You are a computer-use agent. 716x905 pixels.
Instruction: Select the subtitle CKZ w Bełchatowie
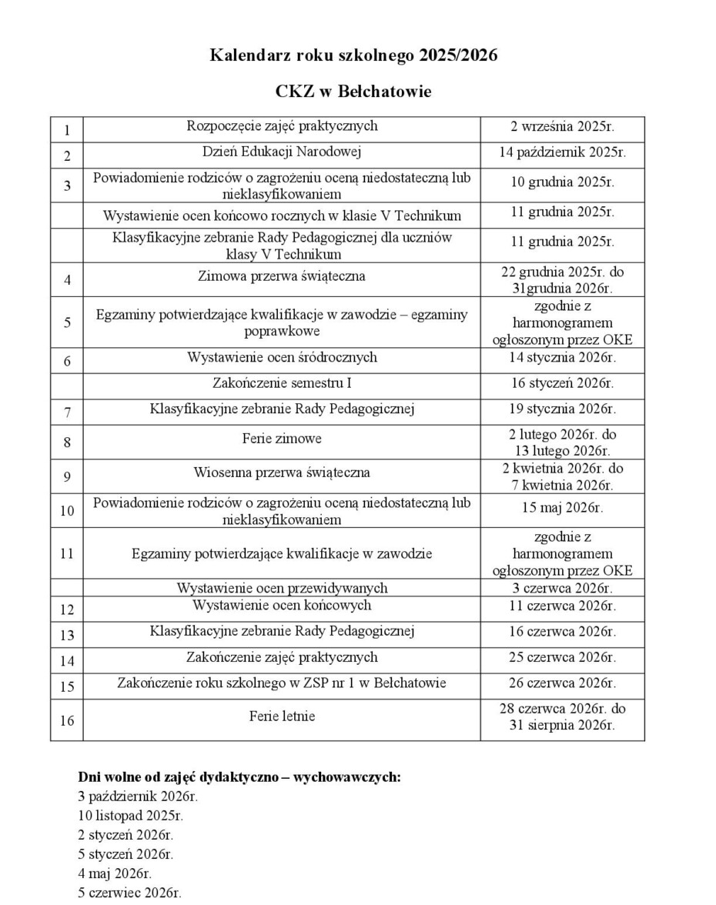coord(353,92)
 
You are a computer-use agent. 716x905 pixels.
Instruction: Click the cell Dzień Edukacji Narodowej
coord(282,152)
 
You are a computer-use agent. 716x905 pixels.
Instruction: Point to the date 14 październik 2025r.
coord(562,152)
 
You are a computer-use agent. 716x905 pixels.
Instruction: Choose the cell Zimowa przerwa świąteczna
coord(282,276)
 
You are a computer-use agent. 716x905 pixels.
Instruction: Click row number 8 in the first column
coord(67,442)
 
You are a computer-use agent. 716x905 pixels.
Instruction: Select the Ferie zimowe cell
coord(282,439)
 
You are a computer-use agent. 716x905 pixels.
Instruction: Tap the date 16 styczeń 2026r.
coord(562,382)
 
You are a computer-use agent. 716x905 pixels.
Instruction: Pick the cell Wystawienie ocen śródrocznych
coord(282,357)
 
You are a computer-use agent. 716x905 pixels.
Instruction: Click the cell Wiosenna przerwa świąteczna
coord(282,472)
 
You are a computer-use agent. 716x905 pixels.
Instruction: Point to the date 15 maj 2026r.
coord(562,508)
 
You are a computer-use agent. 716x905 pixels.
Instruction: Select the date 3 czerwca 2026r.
coord(562,589)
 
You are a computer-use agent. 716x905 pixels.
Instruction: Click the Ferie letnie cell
coord(282,716)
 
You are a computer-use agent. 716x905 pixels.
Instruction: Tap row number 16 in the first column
coord(67,721)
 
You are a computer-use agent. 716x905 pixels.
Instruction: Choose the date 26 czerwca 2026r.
coord(562,683)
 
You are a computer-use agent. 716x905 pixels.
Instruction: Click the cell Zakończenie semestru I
coord(282,382)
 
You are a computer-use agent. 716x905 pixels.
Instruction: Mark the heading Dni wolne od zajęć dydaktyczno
coord(239,776)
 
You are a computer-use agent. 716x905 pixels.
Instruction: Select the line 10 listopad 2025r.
coord(131,815)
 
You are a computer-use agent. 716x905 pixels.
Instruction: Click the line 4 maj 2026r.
coord(115,873)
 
